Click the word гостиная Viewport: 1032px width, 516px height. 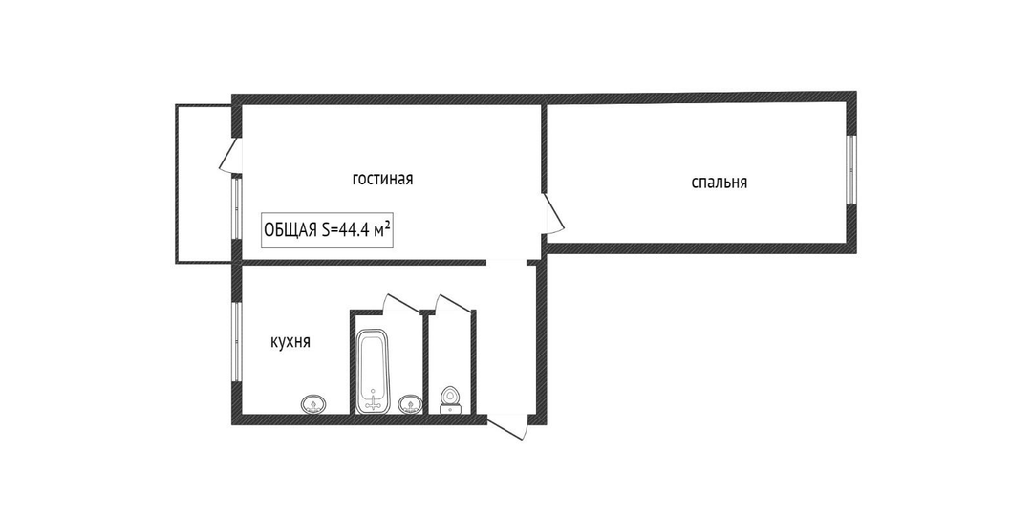click(x=382, y=179)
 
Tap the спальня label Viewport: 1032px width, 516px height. click(x=719, y=183)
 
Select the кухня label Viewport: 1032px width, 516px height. click(x=290, y=342)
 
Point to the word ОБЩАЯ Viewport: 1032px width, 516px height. click(x=290, y=230)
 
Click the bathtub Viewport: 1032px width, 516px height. click(x=374, y=371)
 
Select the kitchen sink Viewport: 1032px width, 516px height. click(x=313, y=403)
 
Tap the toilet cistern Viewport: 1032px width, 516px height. click(x=451, y=410)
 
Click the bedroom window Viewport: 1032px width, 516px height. click(x=850, y=170)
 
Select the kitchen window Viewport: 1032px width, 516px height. click(x=236, y=341)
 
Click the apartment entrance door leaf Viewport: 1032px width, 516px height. click(x=507, y=428)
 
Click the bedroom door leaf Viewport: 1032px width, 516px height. click(x=554, y=213)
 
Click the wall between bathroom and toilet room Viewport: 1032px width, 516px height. click(x=425, y=364)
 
